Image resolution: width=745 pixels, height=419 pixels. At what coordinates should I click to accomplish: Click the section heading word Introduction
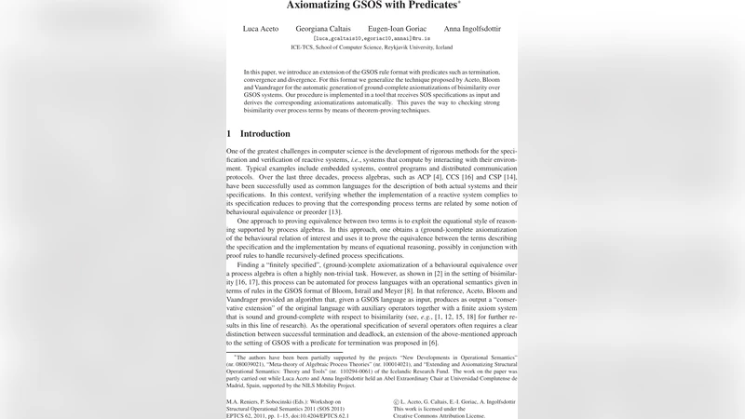point(265,133)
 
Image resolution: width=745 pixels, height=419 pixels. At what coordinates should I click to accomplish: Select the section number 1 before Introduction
point(229,133)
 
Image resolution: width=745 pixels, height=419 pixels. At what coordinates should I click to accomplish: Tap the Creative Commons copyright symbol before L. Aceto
point(397,402)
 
